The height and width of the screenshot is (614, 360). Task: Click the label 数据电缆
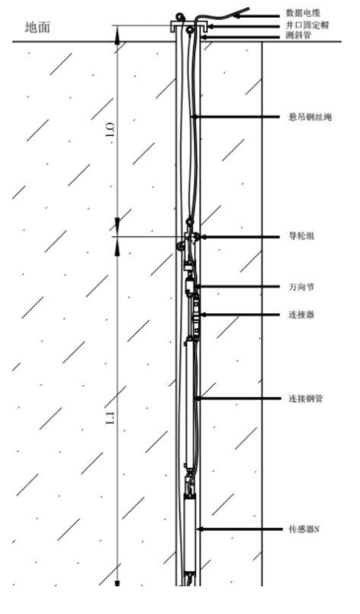point(303,13)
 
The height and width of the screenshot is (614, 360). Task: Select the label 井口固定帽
point(307,25)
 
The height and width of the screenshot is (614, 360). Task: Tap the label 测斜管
point(298,35)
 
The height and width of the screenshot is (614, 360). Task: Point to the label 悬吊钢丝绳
point(310,117)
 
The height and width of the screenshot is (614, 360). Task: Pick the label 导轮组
point(302,236)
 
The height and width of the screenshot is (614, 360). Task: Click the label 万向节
point(302,287)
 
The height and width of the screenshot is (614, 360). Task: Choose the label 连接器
point(302,315)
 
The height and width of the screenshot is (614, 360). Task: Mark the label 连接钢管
point(306,399)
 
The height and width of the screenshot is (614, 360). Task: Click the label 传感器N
point(304,529)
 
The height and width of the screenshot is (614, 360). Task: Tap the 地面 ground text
point(38,28)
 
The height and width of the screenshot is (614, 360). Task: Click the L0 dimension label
point(110,128)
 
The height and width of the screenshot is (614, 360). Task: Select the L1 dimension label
point(111,418)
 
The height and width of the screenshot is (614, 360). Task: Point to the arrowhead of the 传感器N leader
point(202,529)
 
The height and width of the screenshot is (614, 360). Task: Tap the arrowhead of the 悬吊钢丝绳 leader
point(195,117)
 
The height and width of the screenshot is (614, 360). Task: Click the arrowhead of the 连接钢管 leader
point(198,399)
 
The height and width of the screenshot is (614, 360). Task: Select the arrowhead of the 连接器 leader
point(202,315)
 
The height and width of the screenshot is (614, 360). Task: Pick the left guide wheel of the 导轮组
point(181,247)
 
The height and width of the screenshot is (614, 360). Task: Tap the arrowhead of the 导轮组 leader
point(204,237)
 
